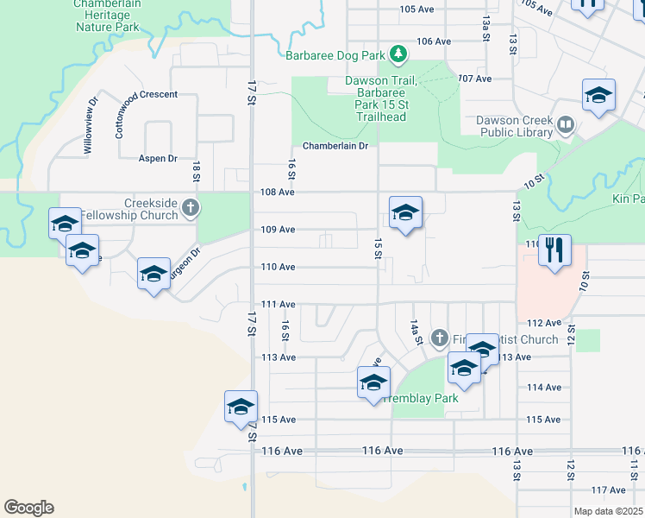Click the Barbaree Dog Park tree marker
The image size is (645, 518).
pos(398,55)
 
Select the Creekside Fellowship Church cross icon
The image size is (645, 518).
pos(191,207)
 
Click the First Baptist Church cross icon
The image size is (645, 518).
pos(439,337)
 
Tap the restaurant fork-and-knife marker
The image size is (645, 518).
pos(554,250)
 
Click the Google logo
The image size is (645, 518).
pos(28,508)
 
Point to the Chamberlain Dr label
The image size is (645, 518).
pos(335,146)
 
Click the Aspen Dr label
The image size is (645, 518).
pos(158,159)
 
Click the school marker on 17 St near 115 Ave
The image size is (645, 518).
pos(241,407)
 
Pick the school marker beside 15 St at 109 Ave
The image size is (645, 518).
pos(405,213)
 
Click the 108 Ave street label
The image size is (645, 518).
pos(278,193)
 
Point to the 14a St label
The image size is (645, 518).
pos(415,331)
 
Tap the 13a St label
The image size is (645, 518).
pos(486,28)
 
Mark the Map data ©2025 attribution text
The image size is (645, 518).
pos(608,511)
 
